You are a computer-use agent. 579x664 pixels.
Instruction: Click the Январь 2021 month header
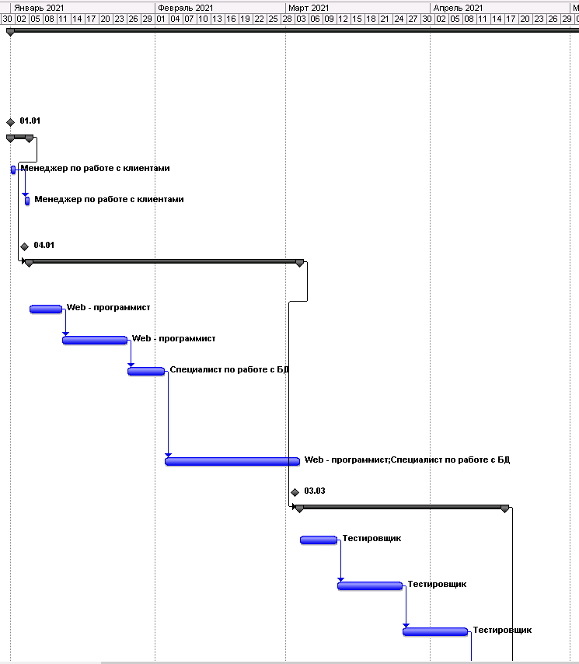[39, 8]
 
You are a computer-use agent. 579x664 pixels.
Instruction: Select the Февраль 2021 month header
[186, 8]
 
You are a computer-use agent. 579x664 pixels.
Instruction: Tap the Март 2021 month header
[309, 8]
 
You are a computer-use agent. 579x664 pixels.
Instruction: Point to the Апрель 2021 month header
[458, 8]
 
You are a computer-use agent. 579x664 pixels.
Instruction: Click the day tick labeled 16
[231, 19]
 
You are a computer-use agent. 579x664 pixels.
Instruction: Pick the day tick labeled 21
[384, 19]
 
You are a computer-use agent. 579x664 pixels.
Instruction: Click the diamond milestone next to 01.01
[11, 122]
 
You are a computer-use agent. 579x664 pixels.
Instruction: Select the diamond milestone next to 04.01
[25, 246]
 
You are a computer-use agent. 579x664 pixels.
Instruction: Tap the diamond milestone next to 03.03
[295, 492]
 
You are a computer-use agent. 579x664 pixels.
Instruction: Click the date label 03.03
[315, 491]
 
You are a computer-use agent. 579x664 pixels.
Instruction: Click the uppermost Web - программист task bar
[46, 309]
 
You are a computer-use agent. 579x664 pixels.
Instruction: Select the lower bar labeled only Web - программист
[95, 340]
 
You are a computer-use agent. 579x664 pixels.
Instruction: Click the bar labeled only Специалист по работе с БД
[146, 372]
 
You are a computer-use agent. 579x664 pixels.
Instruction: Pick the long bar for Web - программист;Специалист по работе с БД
[232, 461]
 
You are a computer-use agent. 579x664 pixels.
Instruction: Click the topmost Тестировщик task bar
[319, 540]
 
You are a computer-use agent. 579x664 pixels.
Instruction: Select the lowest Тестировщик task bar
[435, 632]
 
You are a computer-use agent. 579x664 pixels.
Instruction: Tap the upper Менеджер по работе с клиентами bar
[13, 169]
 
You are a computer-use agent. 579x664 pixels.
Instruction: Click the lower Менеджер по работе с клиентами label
[110, 199]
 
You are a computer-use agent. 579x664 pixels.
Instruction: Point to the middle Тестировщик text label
[437, 585]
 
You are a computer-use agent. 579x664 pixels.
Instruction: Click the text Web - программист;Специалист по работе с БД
[407, 460]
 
